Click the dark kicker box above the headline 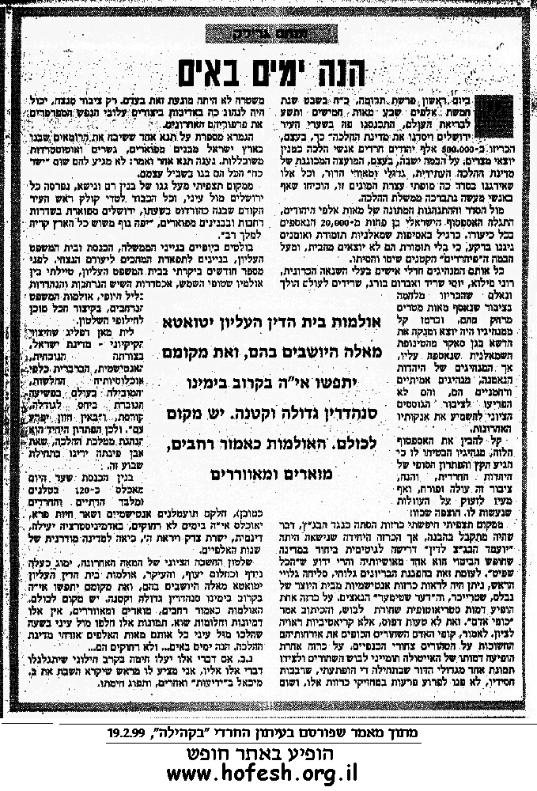point(270,33)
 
